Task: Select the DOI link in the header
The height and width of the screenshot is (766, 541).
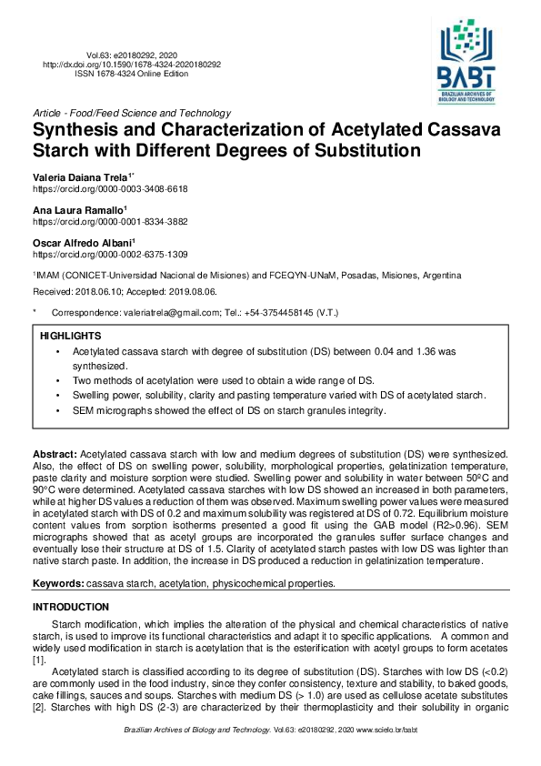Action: [x=132, y=65]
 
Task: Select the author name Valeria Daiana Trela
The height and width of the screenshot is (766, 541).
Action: [x=81, y=176]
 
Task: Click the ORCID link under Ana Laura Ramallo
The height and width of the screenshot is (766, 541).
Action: [x=110, y=221]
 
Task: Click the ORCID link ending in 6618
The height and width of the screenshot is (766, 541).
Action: [x=110, y=188]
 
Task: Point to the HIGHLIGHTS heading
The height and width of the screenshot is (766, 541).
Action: [x=70, y=336]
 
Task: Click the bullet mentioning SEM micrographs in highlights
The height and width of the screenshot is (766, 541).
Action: [x=229, y=410]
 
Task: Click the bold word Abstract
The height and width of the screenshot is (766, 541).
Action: [x=55, y=452]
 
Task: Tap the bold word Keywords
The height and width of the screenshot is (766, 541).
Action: [x=58, y=583]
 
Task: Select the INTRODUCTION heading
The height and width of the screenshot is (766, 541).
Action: [x=71, y=607]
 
